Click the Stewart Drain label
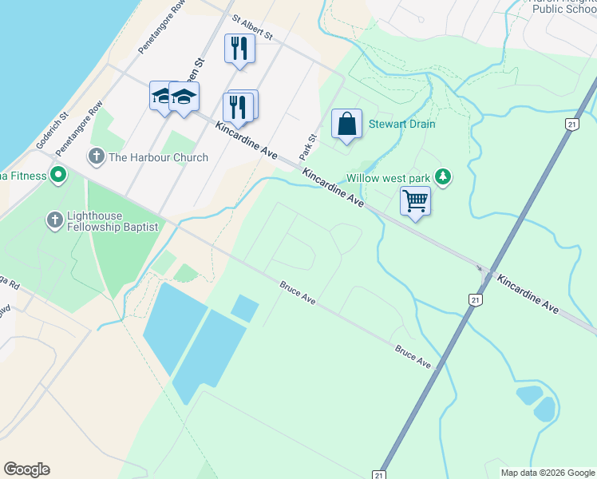pos(401,125)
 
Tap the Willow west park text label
pos(390,178)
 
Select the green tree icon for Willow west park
pos(444,178)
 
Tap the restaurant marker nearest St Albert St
pos(239,48)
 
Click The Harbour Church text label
pos(158,157)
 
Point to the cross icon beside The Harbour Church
pos(97,156)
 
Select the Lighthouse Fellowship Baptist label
pos(112,220)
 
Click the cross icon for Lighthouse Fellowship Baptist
pos(55,220)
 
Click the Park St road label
pos(308,145)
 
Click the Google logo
pos(26,469)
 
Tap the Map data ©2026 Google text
pos(547,473)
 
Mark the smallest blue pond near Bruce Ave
pos(244,308)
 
